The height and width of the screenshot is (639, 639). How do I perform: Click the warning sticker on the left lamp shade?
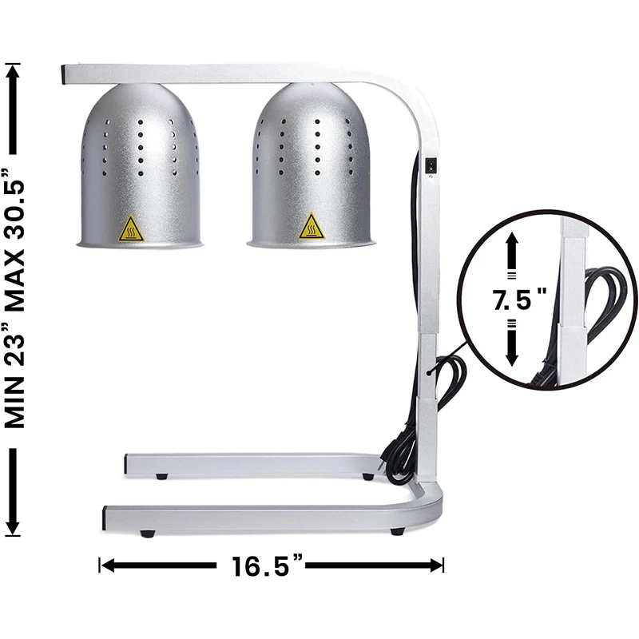click(x=131, y=228)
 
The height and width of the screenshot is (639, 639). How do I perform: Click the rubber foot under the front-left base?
click(x=146, y=533)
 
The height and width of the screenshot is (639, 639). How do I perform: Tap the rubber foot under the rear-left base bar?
click(x=162, y=477)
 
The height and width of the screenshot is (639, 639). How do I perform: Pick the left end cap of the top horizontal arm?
click(x=63, y=75)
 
